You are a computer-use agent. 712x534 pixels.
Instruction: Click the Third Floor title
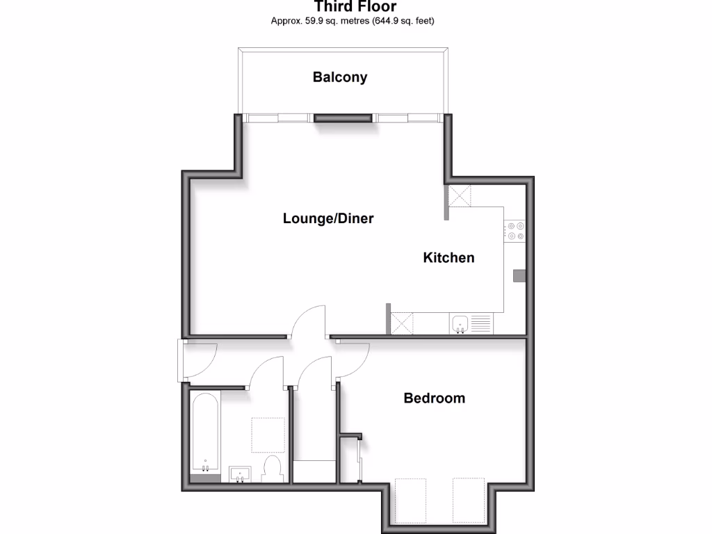click(x=355, y=7)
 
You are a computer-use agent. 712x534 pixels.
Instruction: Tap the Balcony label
click(x=340, y=77)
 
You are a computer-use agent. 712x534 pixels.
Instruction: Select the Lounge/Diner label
click(x=328, y=218)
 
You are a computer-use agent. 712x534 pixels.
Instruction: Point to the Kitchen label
click(x=449, y=258)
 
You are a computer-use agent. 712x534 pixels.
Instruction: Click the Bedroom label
click(x=435, y=398)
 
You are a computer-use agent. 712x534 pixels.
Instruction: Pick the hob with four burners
click(x=515, y=230)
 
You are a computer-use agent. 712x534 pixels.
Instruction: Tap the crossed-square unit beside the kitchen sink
click(x=403, y=323)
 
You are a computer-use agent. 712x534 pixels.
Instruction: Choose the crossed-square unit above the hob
click(x=460, y=195)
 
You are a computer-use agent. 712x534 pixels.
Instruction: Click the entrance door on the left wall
click(x=182, y=361)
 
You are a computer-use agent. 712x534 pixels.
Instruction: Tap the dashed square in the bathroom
click(x=268, y=435)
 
